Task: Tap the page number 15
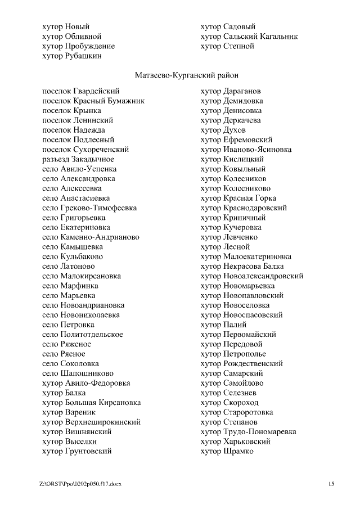[x=331, y=484]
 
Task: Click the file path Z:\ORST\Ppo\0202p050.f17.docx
[x=80, y=484]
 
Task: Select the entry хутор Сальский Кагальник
[x=249, y=37]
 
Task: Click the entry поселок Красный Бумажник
[x=93, y=101]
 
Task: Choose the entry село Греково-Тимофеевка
[x=89, y=208]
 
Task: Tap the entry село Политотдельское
[x=83, y=335]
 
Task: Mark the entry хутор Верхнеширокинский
[x=91, y=422]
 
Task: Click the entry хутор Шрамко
[x=227, y=451]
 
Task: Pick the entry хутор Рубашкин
[x=72, y=56]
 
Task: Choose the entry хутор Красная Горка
[x=238, y=198]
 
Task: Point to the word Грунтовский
[x=89, y=451]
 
